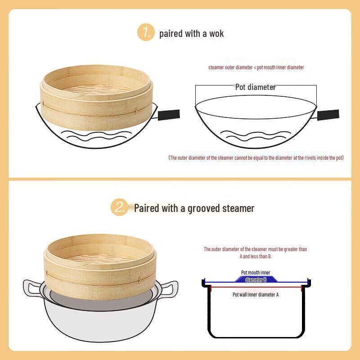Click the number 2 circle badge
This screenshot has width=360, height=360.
tap(120, 207)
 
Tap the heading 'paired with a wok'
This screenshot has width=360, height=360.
tap(191, 33)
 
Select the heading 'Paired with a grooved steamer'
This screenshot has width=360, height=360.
tap(194, 208)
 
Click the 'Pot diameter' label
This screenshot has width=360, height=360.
tap(255, 87)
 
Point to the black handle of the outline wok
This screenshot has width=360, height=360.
tap(328, 114)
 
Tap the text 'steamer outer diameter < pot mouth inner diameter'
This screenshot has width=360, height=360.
tap(256, 67)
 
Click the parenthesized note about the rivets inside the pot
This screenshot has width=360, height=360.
tap(256, 158)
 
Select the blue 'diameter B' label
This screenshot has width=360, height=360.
tap(256, 279)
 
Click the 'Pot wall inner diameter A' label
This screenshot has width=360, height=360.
tap(256, 294)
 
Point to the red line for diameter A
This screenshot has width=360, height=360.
tap(256, 287)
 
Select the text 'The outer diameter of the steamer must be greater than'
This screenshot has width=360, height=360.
tap(255, 249)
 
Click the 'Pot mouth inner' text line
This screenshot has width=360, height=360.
tap(256, 272)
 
